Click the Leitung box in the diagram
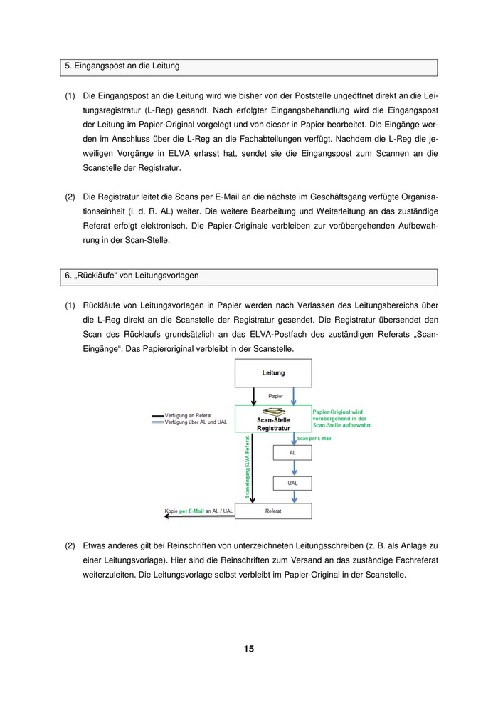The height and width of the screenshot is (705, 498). point(273,372)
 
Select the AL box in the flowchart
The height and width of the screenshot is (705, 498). point(292,453)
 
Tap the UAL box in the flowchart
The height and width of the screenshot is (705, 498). point(292,483)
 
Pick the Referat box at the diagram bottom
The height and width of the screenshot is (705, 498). point(273,511)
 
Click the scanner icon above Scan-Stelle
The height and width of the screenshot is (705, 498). point(273,412)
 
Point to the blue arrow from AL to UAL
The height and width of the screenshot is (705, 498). point(292,468)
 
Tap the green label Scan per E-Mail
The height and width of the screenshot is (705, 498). point(314,439)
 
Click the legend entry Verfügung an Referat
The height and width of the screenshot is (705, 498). point(189,415)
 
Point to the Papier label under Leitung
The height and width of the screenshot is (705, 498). point(275,395)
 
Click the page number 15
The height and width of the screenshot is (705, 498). point(248,649)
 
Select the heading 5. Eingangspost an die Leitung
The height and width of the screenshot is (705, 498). point(122,66)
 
